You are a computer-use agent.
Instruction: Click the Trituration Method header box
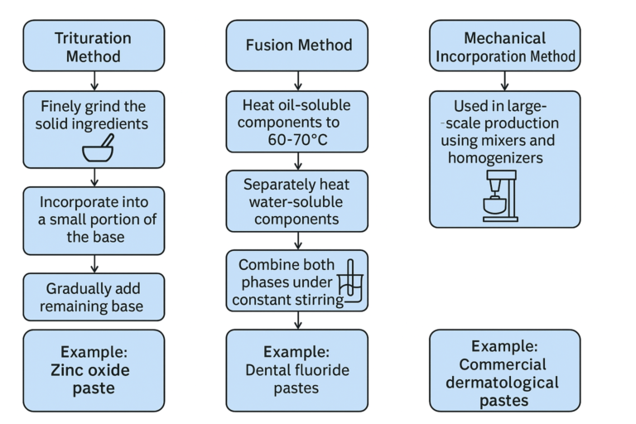tap(94, 46)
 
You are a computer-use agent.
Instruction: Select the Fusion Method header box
tap(298, 46)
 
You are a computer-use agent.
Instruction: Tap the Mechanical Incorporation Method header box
tap(504, 46)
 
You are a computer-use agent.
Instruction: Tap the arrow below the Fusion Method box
tap(298, 80)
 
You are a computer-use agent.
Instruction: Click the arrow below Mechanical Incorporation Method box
tap(504, 80)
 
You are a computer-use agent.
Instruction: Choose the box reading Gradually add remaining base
tap(94, 296)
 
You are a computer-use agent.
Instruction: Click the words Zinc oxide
tap(94, 369)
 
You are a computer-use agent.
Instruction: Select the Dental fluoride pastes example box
tap(298, 369)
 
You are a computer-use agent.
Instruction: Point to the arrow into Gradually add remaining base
tap(94, 263)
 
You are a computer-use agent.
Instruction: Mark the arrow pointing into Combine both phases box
tap(298, 240)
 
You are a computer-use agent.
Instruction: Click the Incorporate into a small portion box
tap(94, 219)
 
